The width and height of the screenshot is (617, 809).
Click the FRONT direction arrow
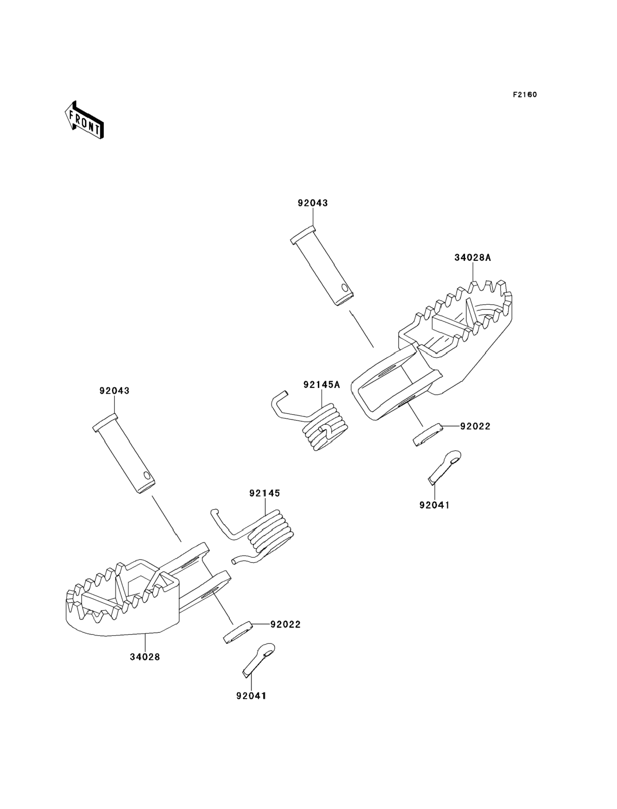[x=84, y=120]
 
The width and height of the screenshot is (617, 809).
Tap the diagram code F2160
[x=525, y=95]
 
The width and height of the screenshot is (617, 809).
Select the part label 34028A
[x=472, y=258]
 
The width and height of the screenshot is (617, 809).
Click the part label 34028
[x=145, y=657]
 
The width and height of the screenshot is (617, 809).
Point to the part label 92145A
[x=322, y=385]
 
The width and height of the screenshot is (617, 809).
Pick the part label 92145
[x=264, y=493]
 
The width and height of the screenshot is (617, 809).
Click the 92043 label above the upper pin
[x=313, y=203]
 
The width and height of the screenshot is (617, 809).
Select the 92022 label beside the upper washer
[x=475, y=426]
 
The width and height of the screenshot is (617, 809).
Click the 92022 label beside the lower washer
[x=285, y=624]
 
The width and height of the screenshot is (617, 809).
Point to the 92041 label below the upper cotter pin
[x=434, y=505]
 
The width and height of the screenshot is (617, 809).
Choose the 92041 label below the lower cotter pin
[x=251, y=696]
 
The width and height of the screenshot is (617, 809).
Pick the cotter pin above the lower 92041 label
[x=259, y=660]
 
